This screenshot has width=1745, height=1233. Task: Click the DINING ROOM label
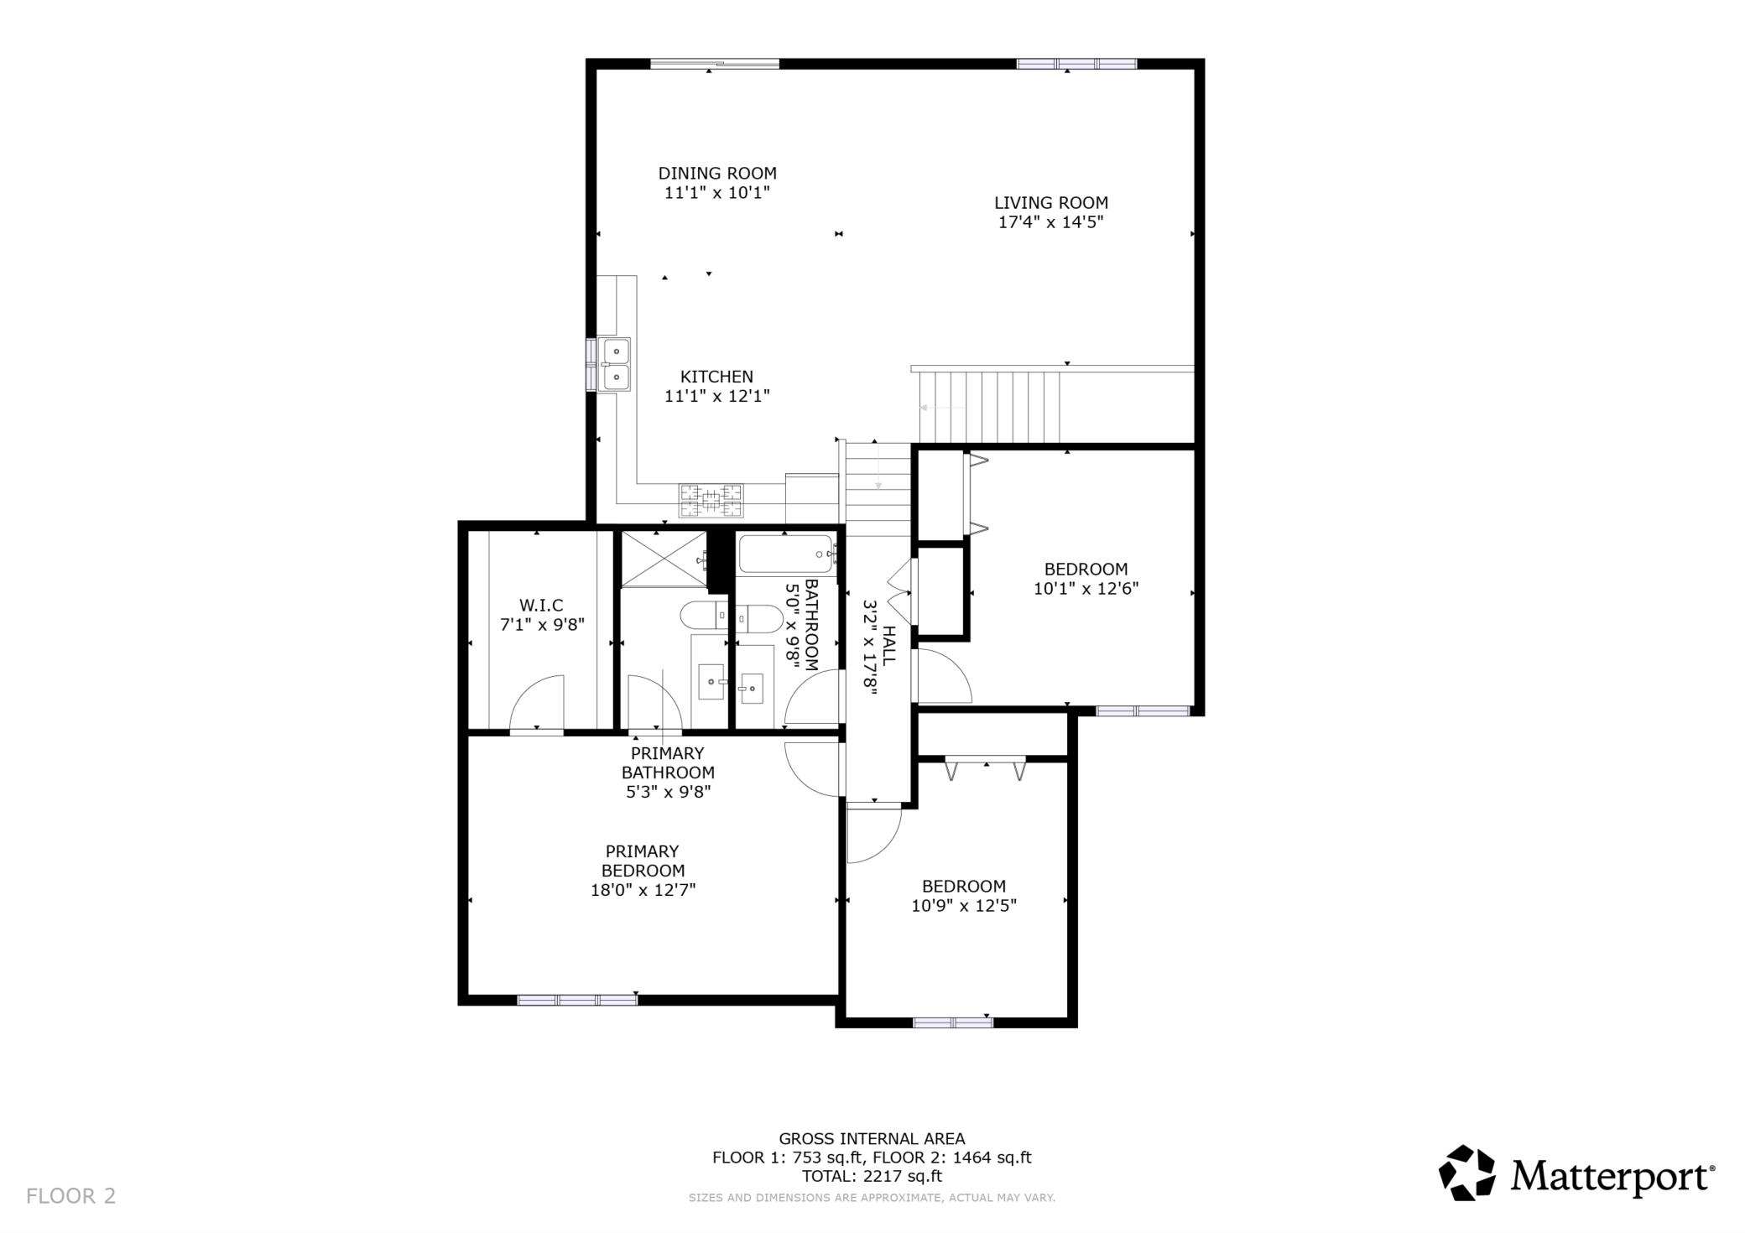point(716,174)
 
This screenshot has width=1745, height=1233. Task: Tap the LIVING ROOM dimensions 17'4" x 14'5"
point(1050,222)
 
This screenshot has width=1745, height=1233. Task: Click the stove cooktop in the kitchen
point(711,501)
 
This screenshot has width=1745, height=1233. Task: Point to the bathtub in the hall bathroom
point(785,554)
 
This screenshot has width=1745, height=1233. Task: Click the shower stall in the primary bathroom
point(662,559)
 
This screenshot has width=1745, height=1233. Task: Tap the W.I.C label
point(541,605)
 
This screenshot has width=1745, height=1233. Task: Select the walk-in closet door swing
point(537,703)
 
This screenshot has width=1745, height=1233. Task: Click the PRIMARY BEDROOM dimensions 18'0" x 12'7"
point(643,890)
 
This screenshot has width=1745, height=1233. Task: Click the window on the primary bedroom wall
point(577,999)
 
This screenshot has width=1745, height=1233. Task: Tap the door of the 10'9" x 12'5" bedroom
point(872,833)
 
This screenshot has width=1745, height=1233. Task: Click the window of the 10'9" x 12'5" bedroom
point(952,1022)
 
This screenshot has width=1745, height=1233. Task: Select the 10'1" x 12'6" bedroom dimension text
point(1086,589)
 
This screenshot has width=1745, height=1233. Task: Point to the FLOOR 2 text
point(71,1196)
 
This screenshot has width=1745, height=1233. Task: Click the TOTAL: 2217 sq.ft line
point(872,1176)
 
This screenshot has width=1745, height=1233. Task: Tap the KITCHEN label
point(716,377)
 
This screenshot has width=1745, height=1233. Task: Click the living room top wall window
point(1076,64)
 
